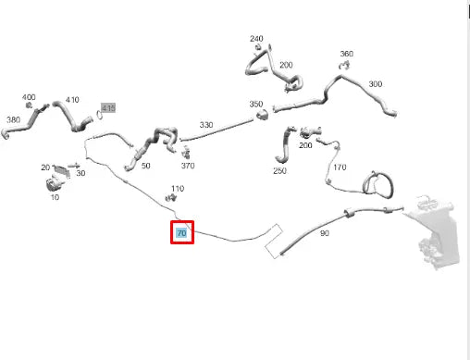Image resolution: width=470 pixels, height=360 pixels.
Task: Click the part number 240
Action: [x=256, y=39]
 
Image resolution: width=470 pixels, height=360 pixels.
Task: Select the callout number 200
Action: [x=286, y=65]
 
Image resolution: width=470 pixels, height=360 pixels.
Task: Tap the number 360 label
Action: [x=346, y=54]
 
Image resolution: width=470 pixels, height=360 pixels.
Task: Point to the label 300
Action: [x=375, y=84]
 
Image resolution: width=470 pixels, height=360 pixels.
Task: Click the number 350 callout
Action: [x=256, y=104]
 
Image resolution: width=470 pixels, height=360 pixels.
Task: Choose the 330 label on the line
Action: [x=206, y=124]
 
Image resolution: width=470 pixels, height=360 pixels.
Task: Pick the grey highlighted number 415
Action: [x=108, y=108]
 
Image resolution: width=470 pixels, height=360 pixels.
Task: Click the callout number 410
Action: [x=72, y=100]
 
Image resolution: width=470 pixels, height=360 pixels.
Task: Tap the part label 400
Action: [x=29, y=97]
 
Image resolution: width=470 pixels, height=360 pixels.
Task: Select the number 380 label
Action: [x=13, y=120]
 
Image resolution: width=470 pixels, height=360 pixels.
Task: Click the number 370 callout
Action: [x=188, y=166]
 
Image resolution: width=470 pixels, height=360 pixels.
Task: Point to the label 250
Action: [x=279, y=170]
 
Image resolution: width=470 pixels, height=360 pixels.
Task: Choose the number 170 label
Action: [x=340, y=168]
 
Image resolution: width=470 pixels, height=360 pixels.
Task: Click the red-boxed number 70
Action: [x=181, y=233]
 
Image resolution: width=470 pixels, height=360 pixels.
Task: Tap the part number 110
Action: [x=177, y=189]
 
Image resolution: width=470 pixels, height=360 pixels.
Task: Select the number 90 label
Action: [x=324, y=233]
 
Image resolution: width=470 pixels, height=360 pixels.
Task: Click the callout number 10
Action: [x=54, y=197]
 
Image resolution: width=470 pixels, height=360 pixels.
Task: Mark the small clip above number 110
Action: [x=171, y=198]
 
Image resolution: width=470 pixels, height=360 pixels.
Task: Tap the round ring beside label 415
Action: [x=98, y=115]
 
